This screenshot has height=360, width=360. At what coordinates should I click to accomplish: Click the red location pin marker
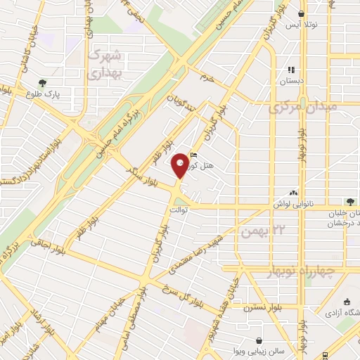181,165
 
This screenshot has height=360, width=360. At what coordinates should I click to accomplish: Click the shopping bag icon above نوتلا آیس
302,13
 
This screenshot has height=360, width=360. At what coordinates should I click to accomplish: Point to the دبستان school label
292,81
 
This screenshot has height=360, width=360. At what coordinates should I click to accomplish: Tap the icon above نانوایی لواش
293,193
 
